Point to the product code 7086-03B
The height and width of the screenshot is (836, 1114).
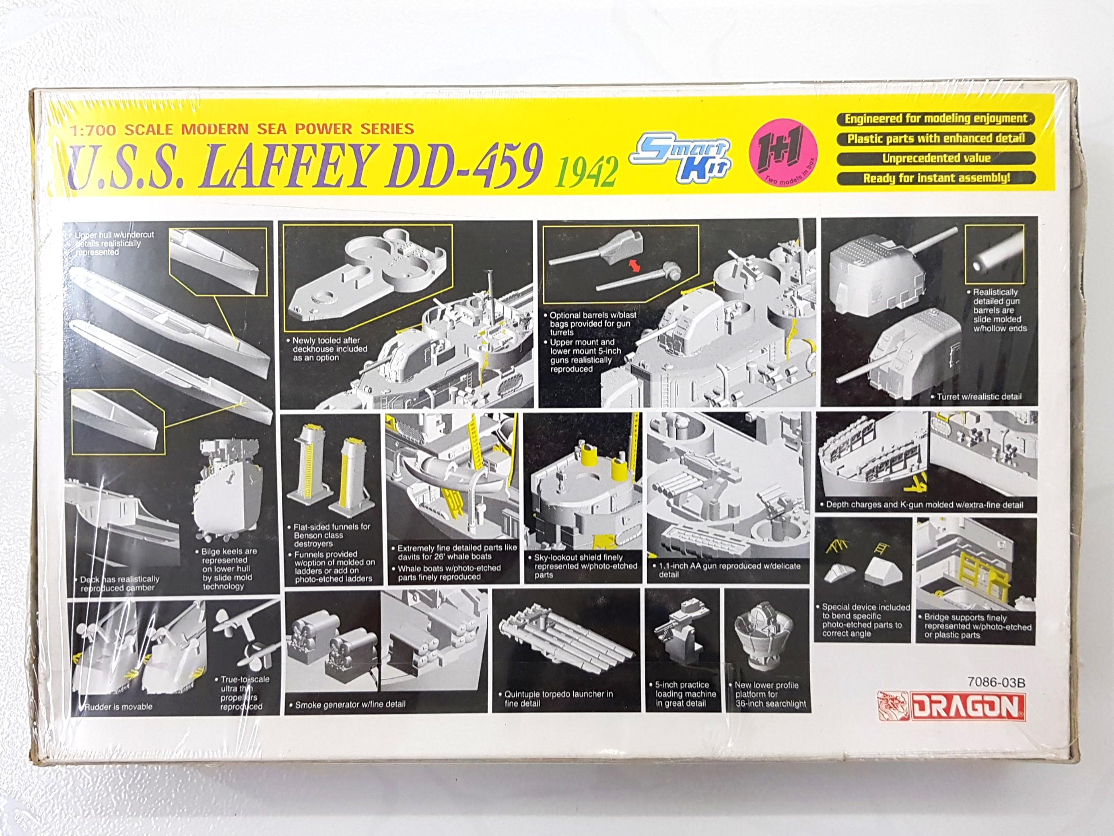coord(996,682)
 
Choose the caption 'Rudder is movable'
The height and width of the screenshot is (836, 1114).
coord(118,707)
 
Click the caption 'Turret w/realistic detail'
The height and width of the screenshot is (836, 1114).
coord(978,397)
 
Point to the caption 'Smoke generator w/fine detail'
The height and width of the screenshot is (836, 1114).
coord(350,704)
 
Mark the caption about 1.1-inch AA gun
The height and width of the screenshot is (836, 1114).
coord(729,570)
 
